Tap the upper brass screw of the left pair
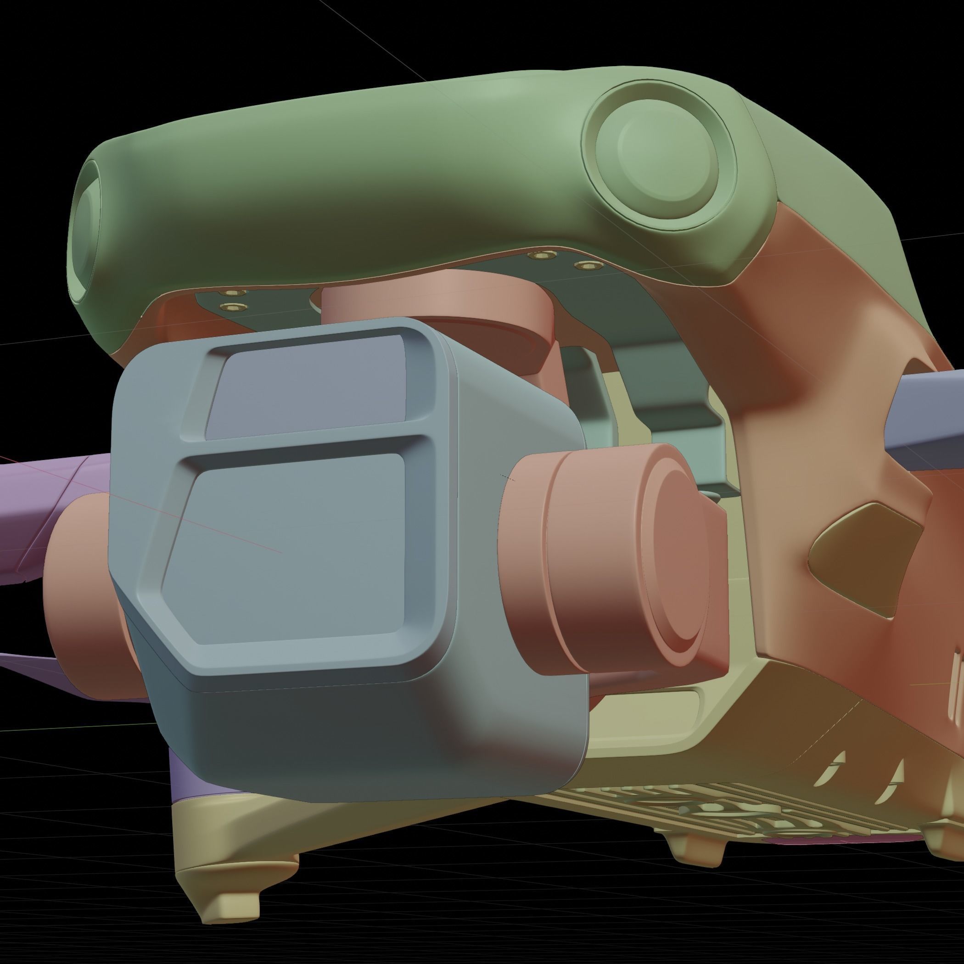235,292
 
